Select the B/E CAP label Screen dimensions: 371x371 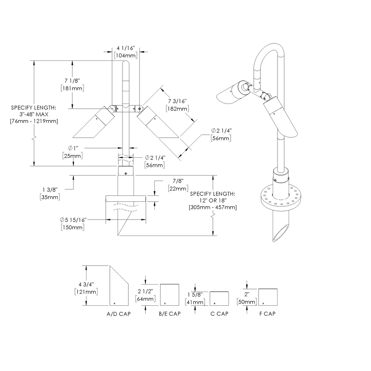click(x=170, y=314)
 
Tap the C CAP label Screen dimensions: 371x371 click(x=219, y=314)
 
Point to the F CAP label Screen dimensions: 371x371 click(x=267, y=314)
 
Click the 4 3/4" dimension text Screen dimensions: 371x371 click(x=86, y=284)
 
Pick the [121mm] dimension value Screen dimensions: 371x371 click(x=86, y=292)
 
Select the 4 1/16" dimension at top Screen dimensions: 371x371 click(x=126, y=48)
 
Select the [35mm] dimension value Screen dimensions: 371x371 click(x=49, y=197)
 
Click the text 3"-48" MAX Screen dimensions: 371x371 click(x=34, y=114)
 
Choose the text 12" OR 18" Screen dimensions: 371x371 click(x=213, y=200)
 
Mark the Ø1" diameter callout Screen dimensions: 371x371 click(x=72, y=148)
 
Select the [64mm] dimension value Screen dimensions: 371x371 click(x=145, y=299)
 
